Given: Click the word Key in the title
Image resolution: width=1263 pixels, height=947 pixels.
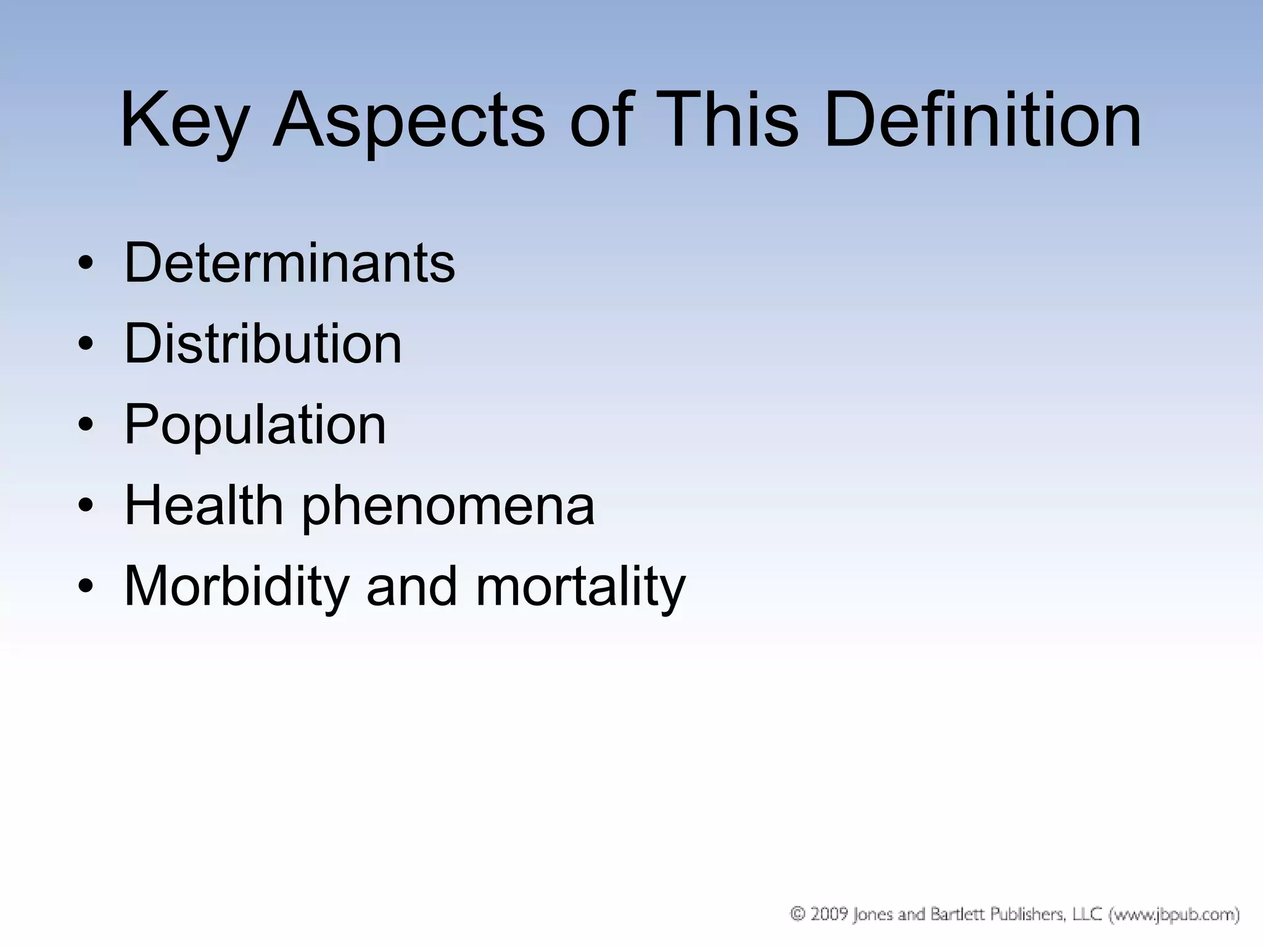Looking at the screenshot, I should pyautogui.click(x=183, y=120).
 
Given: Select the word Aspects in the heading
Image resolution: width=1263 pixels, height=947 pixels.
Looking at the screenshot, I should pyautogui.click(x=408, y=120).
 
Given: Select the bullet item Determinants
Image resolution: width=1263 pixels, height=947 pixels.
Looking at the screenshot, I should pyautogui.click(x=289, y=263).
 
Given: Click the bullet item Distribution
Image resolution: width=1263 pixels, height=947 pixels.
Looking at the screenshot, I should pyautogui.click(x=263, y=344).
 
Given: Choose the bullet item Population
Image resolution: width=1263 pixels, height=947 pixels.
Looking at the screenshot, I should pyautogui.click(x=255, y=425).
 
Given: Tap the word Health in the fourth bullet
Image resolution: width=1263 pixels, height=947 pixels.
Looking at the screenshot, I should pyautogui.click(x=204, y=506).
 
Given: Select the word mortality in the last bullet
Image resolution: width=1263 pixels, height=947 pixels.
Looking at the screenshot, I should pyautogui.click(x=580, y=587).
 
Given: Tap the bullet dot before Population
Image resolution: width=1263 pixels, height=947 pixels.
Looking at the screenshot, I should pyautogui.click(x=86, y=425).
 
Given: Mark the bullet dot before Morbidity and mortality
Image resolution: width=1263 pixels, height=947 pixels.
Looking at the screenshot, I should pyautogui.click(x=86, y=587).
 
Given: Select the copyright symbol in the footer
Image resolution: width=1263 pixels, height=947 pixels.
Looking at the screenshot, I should pyautogui.click(x=798, y=914).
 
